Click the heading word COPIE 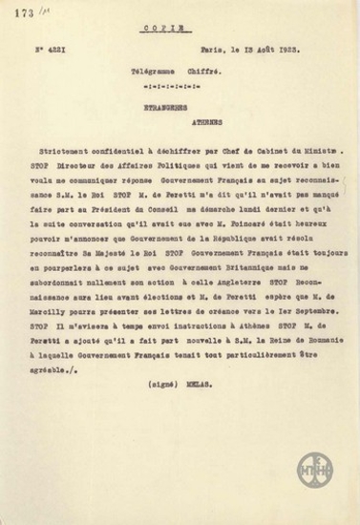(180, 30)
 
